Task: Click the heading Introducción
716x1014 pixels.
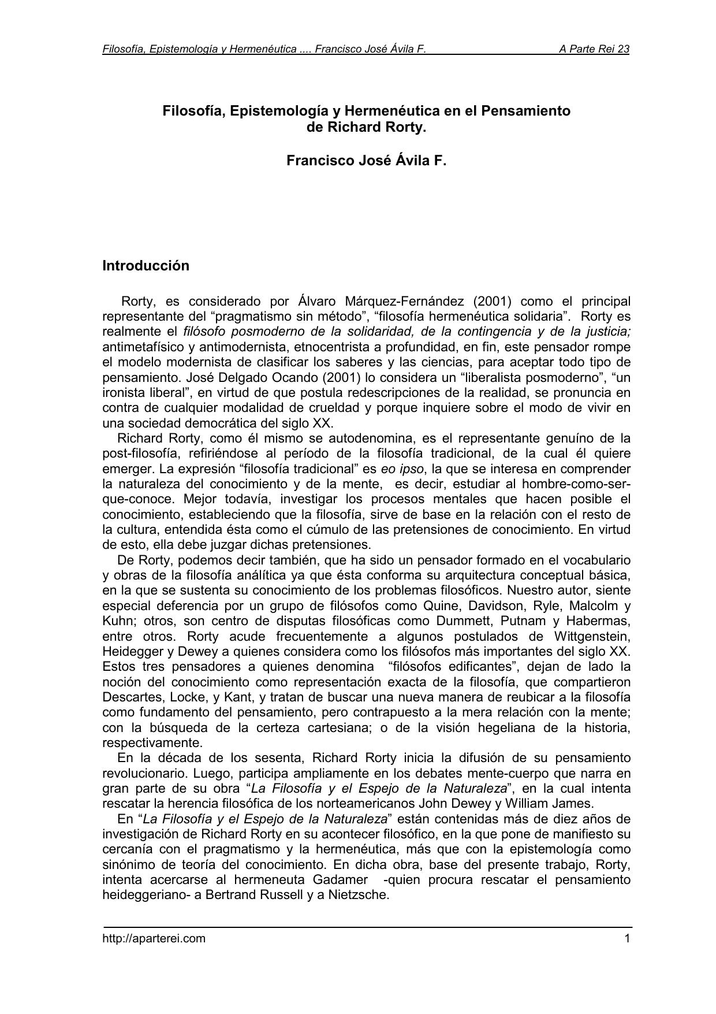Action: click(x=146, y=266)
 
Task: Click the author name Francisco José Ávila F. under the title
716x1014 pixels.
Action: click(x=366, y=161)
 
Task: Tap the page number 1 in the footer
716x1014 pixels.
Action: click(x=626, y=938)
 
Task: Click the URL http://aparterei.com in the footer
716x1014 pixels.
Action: click(x=154, y=938)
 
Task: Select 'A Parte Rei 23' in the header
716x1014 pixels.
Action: click(x=594, y=49)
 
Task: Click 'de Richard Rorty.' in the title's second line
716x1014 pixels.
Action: click(x=366, y=127)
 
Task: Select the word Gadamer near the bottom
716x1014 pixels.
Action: click(x=340, y=880)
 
